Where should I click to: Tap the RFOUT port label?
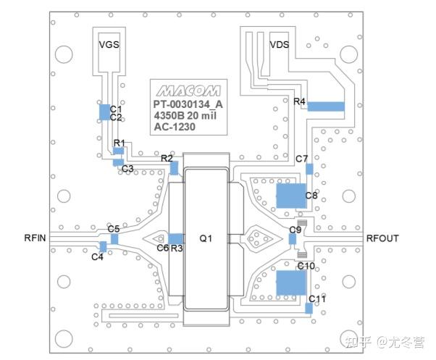[x=382, y=238]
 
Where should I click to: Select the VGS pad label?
[x=109, y=45]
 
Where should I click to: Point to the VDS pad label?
[x=280, y=45]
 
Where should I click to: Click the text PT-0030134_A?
[x=188, y=104]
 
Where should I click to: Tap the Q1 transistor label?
[x=206, y=238]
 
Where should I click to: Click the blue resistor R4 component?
[x=325, y=106]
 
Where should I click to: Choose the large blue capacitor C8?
[x=290, y=195]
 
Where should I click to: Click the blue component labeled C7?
[x=309, y=169]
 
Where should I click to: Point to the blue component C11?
[x=309, y=307]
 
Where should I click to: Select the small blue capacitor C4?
[x=102, y=247]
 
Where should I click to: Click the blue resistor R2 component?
[x=174, y=168]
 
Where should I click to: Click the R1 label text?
[x=120, y=143]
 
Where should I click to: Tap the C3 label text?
[x=127, y=169]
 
